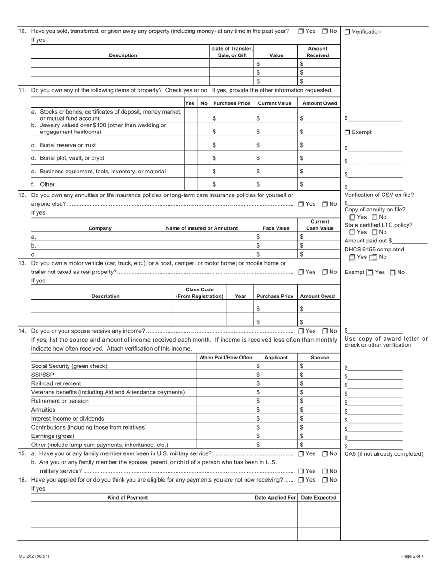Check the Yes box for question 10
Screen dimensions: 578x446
pyautogui.click(x=301, y=31)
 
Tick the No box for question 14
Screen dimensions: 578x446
pyautogui.click(x=325, y=331)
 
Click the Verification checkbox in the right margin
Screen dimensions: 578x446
pyautogui.click(x=347, y=32)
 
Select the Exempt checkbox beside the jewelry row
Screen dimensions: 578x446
pyautogui.click(x=347, y=133)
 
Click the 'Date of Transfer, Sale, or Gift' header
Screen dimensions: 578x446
pyautogui.click(x=232, y=52)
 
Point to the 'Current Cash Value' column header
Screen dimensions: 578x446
pyautogui.click(x=319, y=225)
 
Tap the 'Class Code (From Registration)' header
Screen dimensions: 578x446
pyautogui.click(x=200, y=293)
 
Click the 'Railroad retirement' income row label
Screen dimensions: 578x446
pyautogui.click(x=56, y=383)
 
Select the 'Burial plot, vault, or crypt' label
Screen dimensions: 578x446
pyautogui.click(x=68, y=158)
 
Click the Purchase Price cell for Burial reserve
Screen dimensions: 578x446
pyautogui.click(x=231, y=145)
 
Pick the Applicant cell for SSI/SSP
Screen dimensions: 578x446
pyautogui.click(x=275, y=375)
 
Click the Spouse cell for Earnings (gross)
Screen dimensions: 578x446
pyautogui.click(x=319, y=436)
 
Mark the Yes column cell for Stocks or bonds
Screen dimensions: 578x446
pyautogui.click(x=190, y=115)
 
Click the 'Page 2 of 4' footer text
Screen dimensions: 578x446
pyautogui.click(x=412, y=556)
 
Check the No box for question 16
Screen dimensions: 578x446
pyautogui.click(x=325, y=480)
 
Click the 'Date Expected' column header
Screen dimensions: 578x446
pyautogui.click(x=319, y=498)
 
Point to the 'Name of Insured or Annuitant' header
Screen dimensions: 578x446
pyautogui.click(x=202, y=228)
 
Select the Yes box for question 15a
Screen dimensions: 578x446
pyautogui.click(x=301, y=454)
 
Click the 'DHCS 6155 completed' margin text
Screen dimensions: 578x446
pyautogui.click(x=374, y=250)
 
